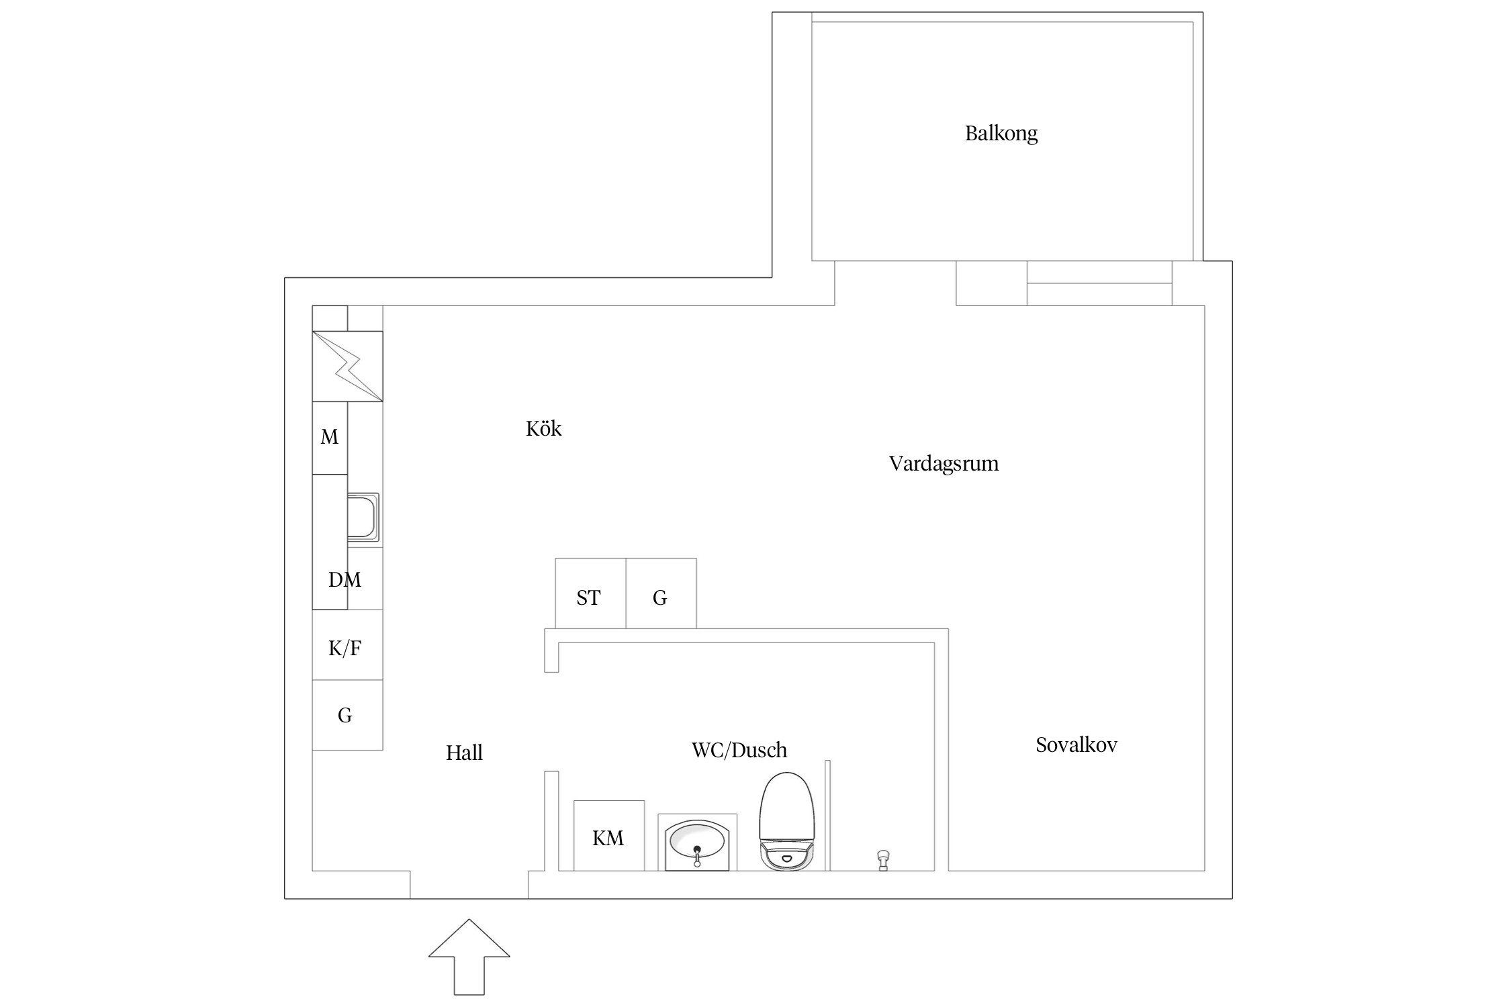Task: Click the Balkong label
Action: (x=1001, y=134)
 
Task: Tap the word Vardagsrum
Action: (x=944, y=463)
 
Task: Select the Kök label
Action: (x=543, y=428)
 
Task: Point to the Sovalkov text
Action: (x=1076, y=745)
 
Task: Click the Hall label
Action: (x=464, y=753)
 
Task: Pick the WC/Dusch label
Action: (x=739, y=750)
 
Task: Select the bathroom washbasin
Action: (x=697, y=844)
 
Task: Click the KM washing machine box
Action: (x=608, y=836)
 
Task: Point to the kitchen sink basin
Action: (x=363, y=517)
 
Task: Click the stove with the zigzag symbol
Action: (x=347, y=367)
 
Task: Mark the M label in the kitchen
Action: (x=329, y=437)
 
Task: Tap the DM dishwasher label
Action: (x=345, y=579)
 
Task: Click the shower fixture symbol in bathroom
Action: (x=883, y=860)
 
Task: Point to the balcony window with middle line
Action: (x=1099, y=283)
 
